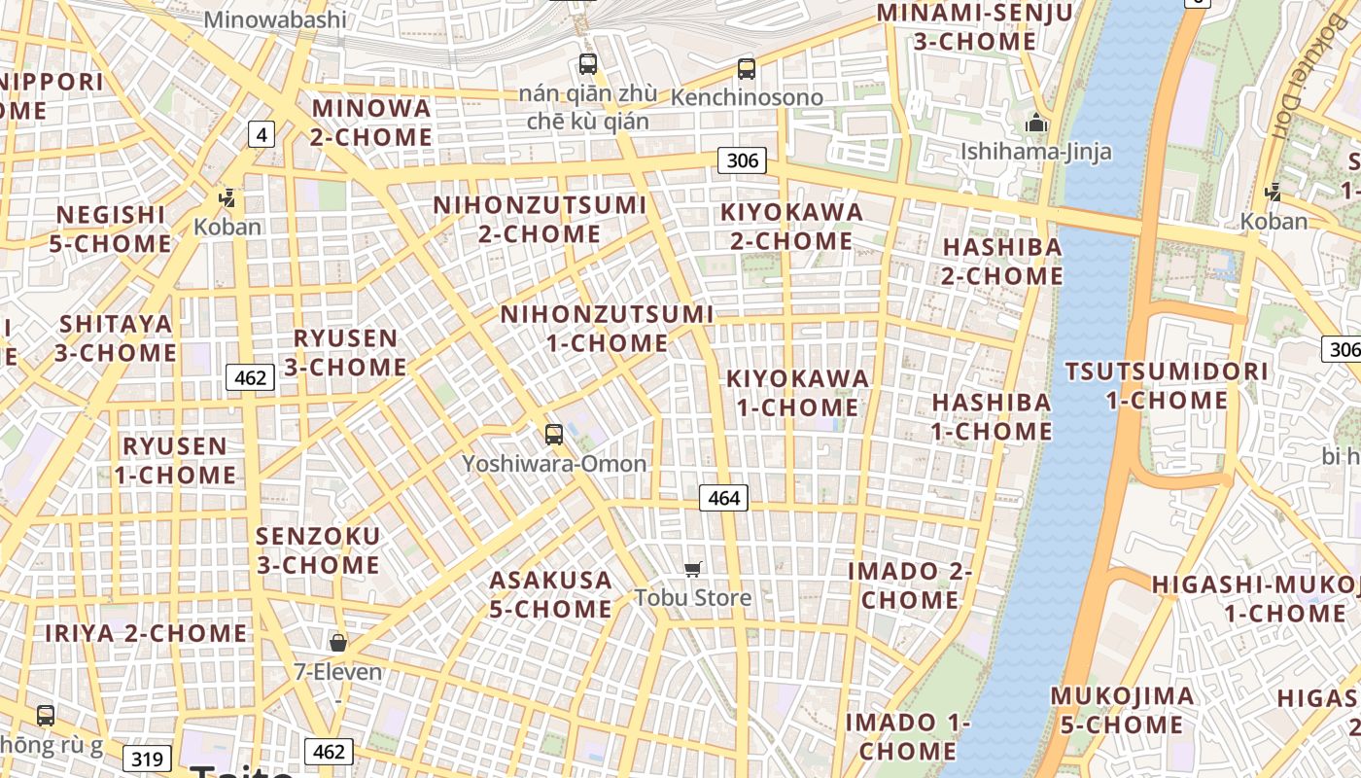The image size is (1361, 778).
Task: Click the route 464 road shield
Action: click(x=724, y=498)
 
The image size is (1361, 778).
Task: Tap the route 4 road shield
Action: click(x=261, y=134)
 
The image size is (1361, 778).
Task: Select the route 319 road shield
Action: click(x=148, y=759)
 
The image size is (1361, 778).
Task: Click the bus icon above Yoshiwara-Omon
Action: click(x=554, y=435)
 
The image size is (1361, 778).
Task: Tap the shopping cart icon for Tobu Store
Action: click(x=692, y=569)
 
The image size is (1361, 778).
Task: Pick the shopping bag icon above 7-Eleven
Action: click(x=338, y=643)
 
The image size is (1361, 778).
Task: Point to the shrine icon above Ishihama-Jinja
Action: click(x=1036, y=124)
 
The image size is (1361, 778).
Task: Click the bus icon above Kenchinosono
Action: click(x=746, y=69)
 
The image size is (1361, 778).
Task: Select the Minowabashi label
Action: click(x=276, y=19)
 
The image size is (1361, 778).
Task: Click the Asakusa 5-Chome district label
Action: click(x=551, y=594)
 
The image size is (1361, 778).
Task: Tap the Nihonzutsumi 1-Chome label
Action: click(x=607, y=329)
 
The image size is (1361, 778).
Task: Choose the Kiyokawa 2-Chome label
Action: click(x=791, y=226)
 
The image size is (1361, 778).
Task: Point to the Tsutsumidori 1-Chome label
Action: click(x=1167, y=385)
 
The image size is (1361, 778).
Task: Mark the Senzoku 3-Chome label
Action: click(x=318, y=550)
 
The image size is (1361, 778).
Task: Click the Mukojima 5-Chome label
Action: click(x=1122, y=710)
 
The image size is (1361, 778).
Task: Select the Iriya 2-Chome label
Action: click(x=146, y=633)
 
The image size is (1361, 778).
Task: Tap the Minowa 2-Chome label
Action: click(x=371, y=123)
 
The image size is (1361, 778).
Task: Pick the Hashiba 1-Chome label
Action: click(x=992, y=416)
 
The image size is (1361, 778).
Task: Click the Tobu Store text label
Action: click(x=693, y=597)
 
